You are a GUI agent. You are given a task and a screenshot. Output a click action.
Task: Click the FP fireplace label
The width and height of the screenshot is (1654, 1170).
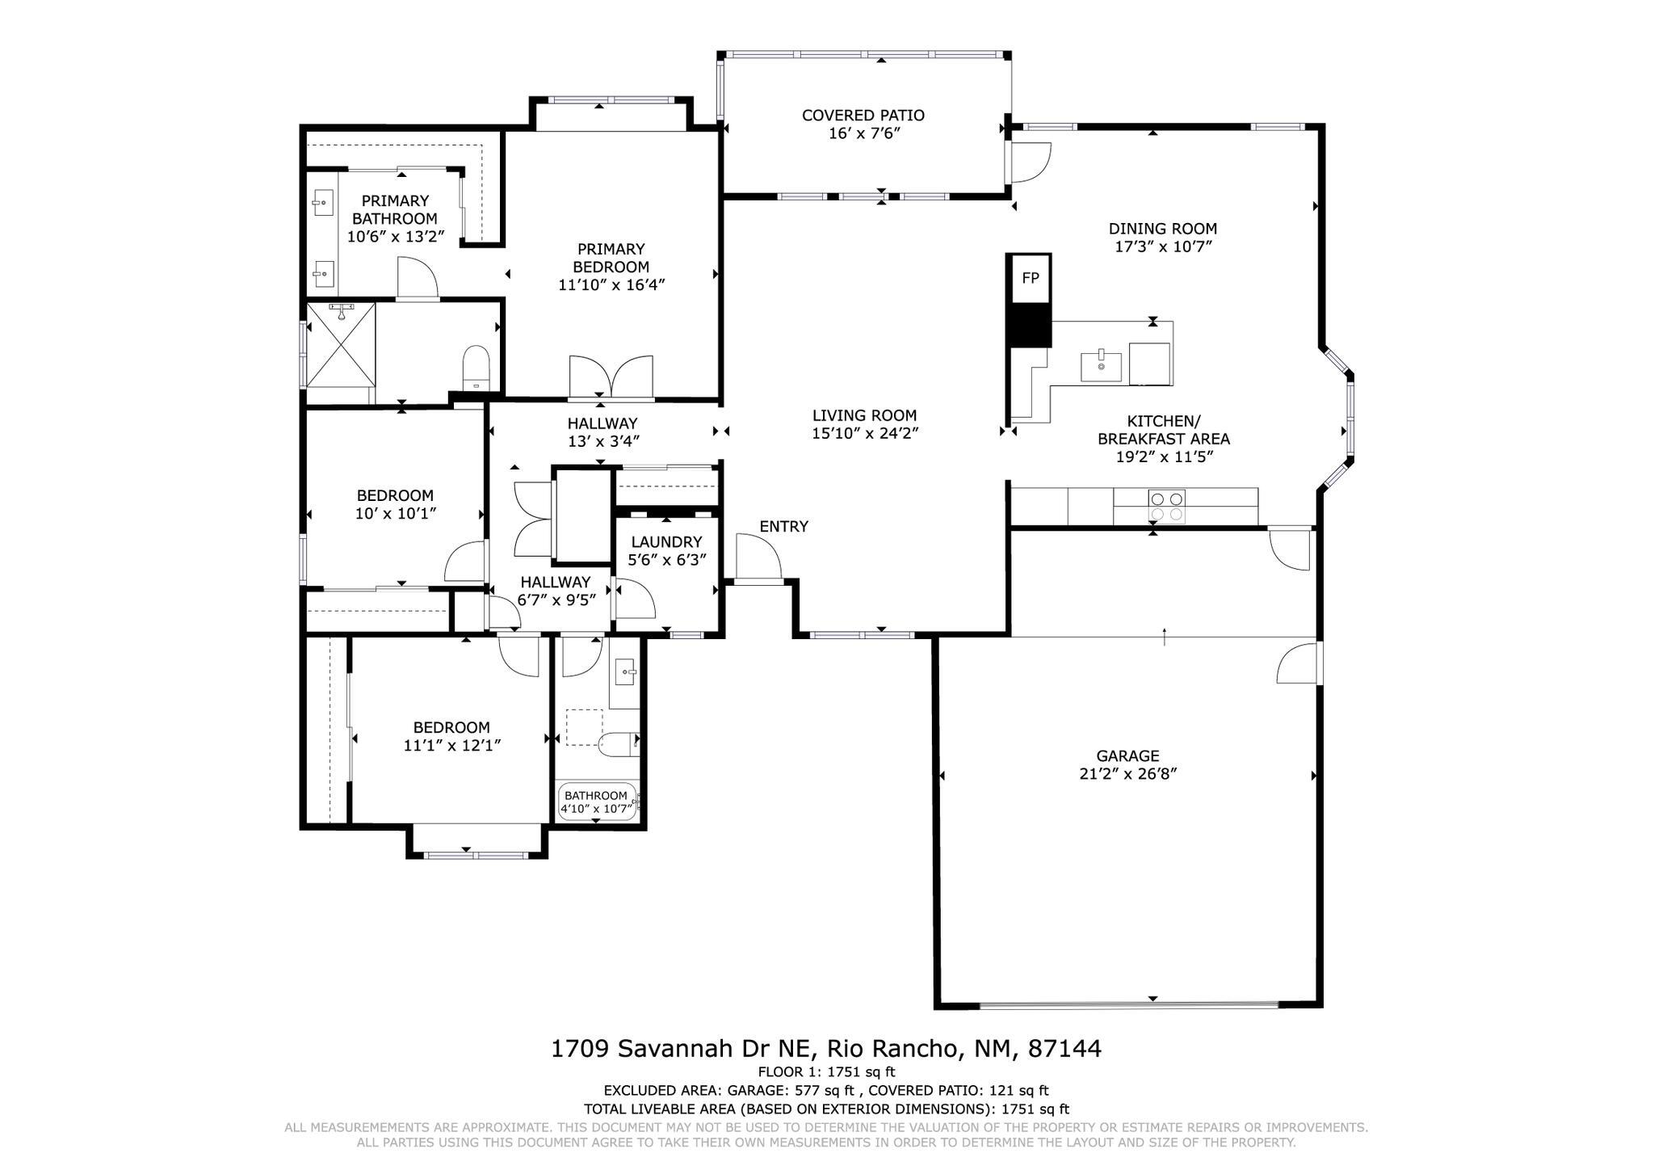pyautogui.click(x=1030, y=278)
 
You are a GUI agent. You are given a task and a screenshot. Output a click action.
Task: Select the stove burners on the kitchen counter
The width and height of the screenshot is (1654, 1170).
pyautogui.click(x=1167, y=506)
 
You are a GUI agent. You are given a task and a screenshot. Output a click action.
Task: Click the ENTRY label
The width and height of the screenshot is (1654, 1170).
pyautogui.click(x=783, y=527)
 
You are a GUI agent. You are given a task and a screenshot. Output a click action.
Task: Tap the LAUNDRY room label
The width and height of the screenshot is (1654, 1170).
pyautogui.click(x=666, y=542)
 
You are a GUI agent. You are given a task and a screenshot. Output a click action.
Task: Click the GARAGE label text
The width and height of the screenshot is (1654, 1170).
pyautogui.click(x=1127, y=756)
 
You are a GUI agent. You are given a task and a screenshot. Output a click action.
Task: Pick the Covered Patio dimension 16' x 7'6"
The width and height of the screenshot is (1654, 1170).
pyautogui.click(x=863, y=133)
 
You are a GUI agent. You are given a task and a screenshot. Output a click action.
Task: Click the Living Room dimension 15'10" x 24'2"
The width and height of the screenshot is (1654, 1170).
pyautogui.click(x=865, y=433)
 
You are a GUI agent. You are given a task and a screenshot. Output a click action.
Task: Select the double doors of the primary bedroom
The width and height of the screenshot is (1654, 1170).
pyautogui.click(x=611, y=377)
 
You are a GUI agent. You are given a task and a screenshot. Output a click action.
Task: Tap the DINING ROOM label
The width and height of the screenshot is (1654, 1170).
pyautogui.click(x=1162, y=229)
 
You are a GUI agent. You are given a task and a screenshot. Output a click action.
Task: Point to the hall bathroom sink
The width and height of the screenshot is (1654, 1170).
pyautogui.click(x=625, y=671)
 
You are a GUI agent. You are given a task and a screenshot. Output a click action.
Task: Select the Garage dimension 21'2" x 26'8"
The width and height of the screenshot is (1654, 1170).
pyautogui.click(x=1127, y=774)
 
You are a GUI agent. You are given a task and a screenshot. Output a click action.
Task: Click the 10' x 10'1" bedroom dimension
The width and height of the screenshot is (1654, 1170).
pyautogui.click(x=396, y=513)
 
